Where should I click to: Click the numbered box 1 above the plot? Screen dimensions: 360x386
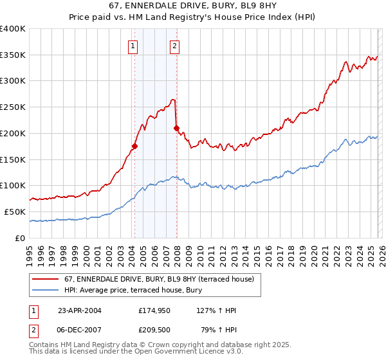click(133, 46)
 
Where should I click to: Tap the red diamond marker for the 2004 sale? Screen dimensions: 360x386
click(134, 146)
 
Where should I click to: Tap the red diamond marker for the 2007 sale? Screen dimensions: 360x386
click(176, 128)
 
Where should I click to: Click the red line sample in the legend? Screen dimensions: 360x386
click(46, 279)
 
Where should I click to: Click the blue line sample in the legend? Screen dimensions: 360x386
click(46, 290)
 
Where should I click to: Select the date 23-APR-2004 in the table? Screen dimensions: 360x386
click(79, 310)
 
